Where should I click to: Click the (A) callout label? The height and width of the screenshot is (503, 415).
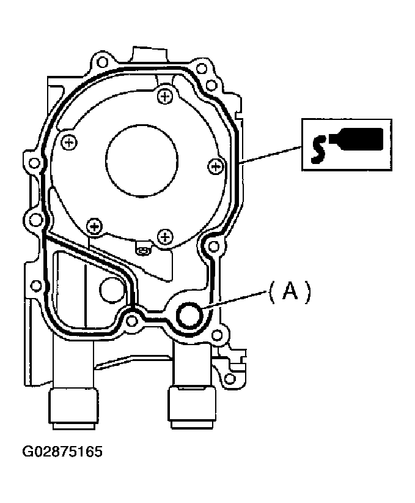coord(290,292)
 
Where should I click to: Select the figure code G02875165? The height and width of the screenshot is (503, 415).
coord(62,452)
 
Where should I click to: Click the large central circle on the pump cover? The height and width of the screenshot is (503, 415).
coord(142,161)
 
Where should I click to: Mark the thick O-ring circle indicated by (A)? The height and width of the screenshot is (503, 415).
coord(190,315)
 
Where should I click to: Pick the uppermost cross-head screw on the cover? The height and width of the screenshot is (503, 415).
coord(166,95)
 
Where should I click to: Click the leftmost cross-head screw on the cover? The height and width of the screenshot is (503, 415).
coord(69,142)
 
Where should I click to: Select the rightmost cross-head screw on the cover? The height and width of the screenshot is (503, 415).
coord(216,166)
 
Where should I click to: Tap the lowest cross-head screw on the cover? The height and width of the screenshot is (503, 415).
coord(165,237)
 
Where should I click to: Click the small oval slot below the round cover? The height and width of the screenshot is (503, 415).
coord(142,251)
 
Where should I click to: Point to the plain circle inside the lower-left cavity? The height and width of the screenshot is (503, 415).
coord(112,290)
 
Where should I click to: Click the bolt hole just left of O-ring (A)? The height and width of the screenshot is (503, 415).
coord(131,321)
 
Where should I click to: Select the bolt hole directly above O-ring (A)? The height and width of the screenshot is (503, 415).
coord(213,247)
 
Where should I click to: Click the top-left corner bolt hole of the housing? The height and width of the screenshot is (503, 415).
coord(102,62)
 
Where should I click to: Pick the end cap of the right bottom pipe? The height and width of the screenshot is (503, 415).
coord(192,408)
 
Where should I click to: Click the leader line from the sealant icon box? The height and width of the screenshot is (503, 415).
coord(271,155)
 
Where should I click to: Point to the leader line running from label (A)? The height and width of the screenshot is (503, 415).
coord(235,300)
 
